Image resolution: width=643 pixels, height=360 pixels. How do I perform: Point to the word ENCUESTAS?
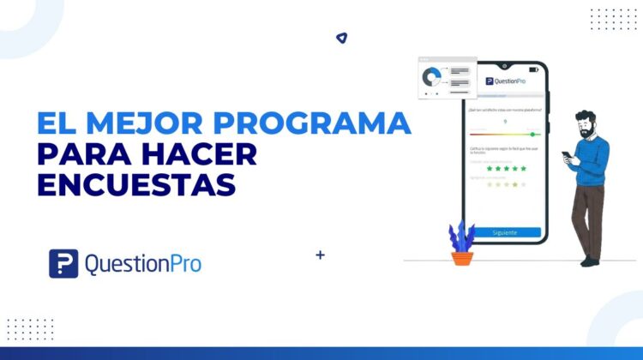coord(136,185)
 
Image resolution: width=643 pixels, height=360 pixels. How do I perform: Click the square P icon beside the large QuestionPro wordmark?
coord(63,263)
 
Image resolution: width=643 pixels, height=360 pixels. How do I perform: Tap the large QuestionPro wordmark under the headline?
coord(142,264)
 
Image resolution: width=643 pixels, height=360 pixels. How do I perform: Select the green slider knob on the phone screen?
coord(532,135)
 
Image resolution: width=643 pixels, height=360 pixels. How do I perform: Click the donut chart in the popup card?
coord(432,78)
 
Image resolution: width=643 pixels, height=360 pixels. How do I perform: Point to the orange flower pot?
coord(462,256)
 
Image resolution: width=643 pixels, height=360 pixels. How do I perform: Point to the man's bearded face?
coord(586,126)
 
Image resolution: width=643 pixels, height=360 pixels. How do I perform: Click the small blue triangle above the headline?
coord(341,38)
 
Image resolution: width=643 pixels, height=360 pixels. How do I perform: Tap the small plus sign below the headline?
coord(321,255)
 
